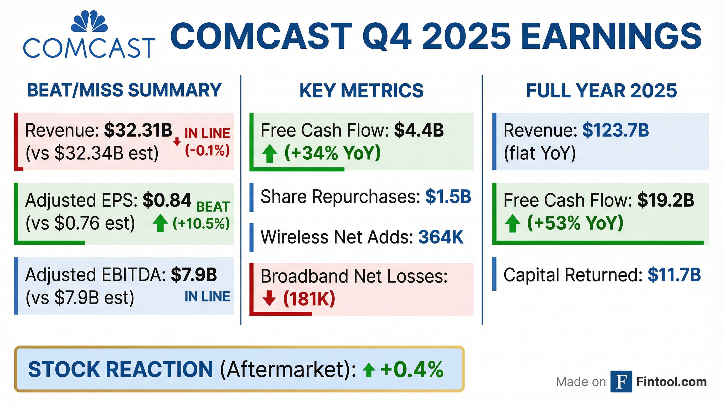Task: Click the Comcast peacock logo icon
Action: coord(89,21)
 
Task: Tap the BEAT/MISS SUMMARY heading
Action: coord(124,90)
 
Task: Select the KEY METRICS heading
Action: coord(361,90)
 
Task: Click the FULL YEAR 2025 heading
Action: coord(601,90)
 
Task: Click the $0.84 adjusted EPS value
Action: coord(167,200)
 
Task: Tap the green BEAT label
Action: coord(213,207)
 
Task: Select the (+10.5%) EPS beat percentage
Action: coord(201,223)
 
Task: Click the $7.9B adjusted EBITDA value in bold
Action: coord(194,275)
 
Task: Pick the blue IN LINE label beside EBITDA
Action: coord(207,297)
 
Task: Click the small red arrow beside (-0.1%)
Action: coord(177,142)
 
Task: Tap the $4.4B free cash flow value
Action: coord(419,130)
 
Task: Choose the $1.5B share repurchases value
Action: coord(448,196)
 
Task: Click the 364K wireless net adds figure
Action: coord(441,237)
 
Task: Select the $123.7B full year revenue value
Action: coord(616,130)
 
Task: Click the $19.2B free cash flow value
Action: coord(666,200)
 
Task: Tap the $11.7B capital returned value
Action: coord(674,275)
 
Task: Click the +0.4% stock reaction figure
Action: coord(412,370)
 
